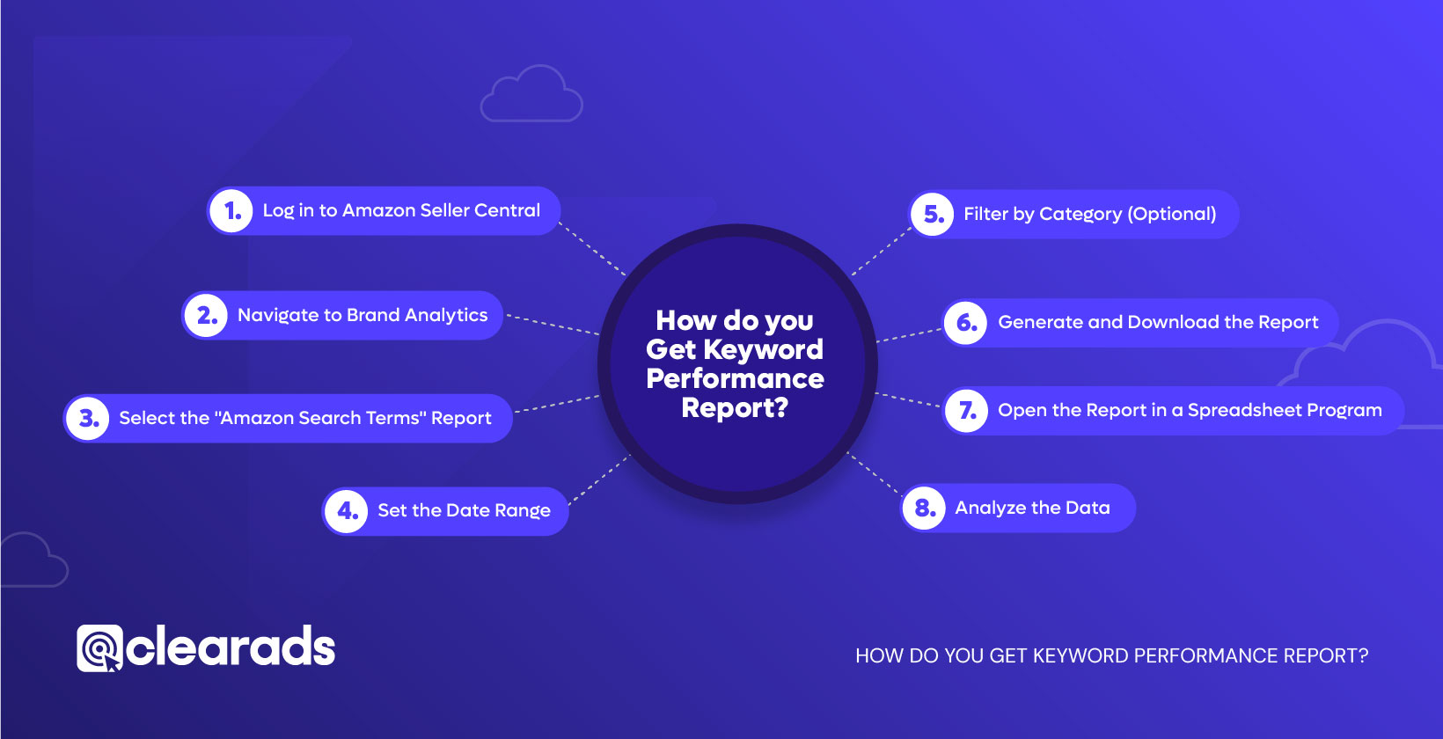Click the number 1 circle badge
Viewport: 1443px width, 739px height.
pyautogui.click(x=231, y=210)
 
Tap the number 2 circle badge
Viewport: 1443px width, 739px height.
pyautogui.click(x=206, y=315)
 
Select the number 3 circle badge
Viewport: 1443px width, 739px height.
pyautogui.click(x=88, y=418)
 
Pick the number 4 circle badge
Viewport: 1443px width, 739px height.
pyautogui.click(x=347, y=511)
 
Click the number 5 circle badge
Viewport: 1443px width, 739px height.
pyautogui.click(x=932, y=214)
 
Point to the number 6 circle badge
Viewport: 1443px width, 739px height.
pyautogui.click(x=965, y=322)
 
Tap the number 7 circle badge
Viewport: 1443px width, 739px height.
pyautogui.click(x=966, y=411)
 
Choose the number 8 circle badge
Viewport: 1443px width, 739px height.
pyautogui.click(x=924, y=508)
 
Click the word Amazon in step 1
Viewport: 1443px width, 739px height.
pyautogui.click(x=378, y=210)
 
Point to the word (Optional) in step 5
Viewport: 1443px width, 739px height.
pyautogui.click(x=1172, y=214)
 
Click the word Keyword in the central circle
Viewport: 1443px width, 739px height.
pyautogui.click(x=763, y=350)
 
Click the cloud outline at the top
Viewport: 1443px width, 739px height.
pyautogui.click(x=531, y=93)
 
